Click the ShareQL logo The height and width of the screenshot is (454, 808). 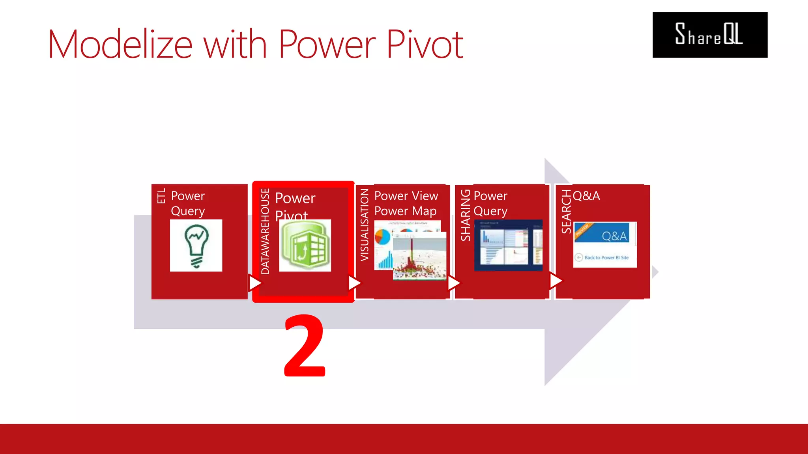coord(709,35)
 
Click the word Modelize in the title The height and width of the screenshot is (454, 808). coord(120,44)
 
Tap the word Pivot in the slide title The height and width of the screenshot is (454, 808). coord(425,44)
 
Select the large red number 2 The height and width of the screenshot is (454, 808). coord(305,346)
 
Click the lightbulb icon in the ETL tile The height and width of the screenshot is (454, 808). coord(196,246)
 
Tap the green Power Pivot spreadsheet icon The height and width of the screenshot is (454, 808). coord(305,246)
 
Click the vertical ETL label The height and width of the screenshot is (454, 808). coord(161,196)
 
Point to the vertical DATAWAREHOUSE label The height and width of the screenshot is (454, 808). coord(265,231)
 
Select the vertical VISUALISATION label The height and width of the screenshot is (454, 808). coord(364,225)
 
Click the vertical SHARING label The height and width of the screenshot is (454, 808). coord(466,215)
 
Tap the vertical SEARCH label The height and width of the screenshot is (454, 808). coord(566,211)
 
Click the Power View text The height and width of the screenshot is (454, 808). coord(406,196)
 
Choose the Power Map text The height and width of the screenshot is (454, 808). coord(405,211)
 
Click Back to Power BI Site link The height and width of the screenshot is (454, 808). coord(606,258)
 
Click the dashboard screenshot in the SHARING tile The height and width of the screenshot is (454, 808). coord(508,245)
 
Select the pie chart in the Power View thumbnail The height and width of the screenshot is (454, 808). coord(382,237)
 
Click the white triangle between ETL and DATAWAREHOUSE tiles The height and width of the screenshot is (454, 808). coord(254,283)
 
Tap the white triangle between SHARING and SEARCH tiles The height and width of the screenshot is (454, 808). coord(555,281)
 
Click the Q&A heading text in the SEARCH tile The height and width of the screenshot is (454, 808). coord(586,196)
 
